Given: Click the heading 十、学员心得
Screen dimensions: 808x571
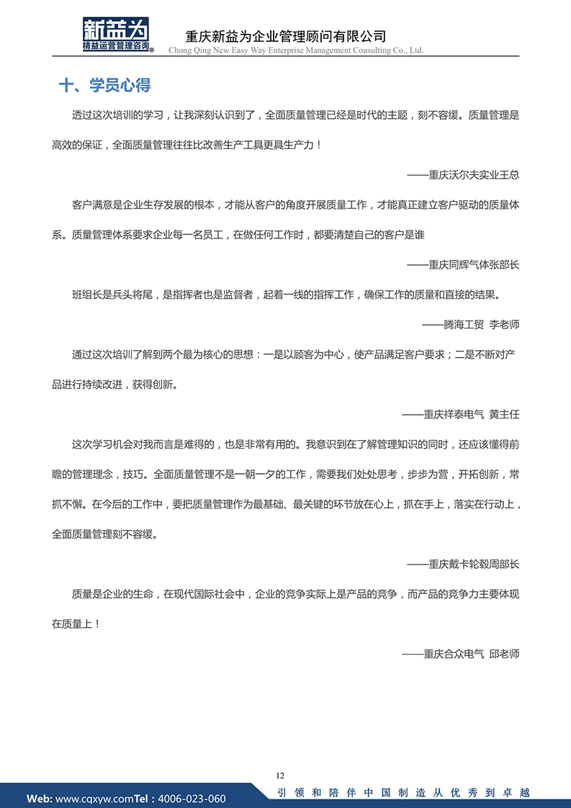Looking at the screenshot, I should point(104,86).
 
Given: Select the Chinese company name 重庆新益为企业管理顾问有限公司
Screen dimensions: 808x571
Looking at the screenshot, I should point(286,36).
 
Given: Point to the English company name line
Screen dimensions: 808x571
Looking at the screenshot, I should point(295,50).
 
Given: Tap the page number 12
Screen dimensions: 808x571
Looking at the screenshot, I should point(280,776).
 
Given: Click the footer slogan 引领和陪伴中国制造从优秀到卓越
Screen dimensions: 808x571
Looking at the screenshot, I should point(403,793).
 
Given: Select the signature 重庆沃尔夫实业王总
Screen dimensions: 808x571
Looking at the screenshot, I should point(463,175).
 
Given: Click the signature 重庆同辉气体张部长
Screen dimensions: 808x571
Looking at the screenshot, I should point(463,264).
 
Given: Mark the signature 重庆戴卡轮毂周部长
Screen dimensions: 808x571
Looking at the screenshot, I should point(463,564).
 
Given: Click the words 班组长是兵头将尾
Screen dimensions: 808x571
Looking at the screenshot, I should point(112,295).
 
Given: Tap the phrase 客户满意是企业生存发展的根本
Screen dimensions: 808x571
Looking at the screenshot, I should point(143,205).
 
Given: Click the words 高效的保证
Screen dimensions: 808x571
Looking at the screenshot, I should point(77,145).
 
